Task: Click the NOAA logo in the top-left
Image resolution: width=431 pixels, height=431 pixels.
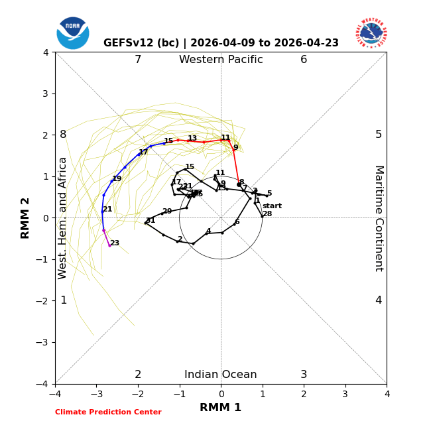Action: pos(73,33)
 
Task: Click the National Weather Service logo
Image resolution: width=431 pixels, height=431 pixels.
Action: pos(371,33)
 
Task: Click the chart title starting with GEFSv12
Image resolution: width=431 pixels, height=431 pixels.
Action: pos(221,43)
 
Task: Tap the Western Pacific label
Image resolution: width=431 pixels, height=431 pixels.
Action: pos(221,60)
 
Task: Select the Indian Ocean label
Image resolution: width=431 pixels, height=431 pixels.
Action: pos(221,375)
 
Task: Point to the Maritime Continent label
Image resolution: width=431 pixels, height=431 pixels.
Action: pos(379,218)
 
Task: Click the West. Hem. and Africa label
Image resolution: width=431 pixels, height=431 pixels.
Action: pos(63,218)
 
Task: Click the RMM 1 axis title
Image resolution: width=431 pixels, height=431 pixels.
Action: pos(221,408)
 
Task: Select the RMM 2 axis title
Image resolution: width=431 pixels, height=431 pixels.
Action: pos(26,218)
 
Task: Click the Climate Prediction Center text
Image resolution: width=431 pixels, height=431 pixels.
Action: pos(108,412)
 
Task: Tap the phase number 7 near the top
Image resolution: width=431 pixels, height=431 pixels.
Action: pos(138,60)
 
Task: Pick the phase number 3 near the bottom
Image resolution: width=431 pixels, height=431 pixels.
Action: pos(304,375)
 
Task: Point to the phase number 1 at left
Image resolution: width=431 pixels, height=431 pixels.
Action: pos(64,300)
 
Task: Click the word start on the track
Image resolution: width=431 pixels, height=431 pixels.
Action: pos(272,206)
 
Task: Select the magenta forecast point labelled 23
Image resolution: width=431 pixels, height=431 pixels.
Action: pos(109,246)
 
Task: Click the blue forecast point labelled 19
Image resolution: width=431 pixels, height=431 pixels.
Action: pos(111,181)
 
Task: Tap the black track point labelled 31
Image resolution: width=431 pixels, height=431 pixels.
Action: pos(146,223)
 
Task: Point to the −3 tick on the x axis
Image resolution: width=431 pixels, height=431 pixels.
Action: pos(97,394)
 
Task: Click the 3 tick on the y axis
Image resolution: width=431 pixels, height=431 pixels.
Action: pos(45,93)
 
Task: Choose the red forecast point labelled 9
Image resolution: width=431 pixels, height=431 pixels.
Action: pos(233,151)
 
